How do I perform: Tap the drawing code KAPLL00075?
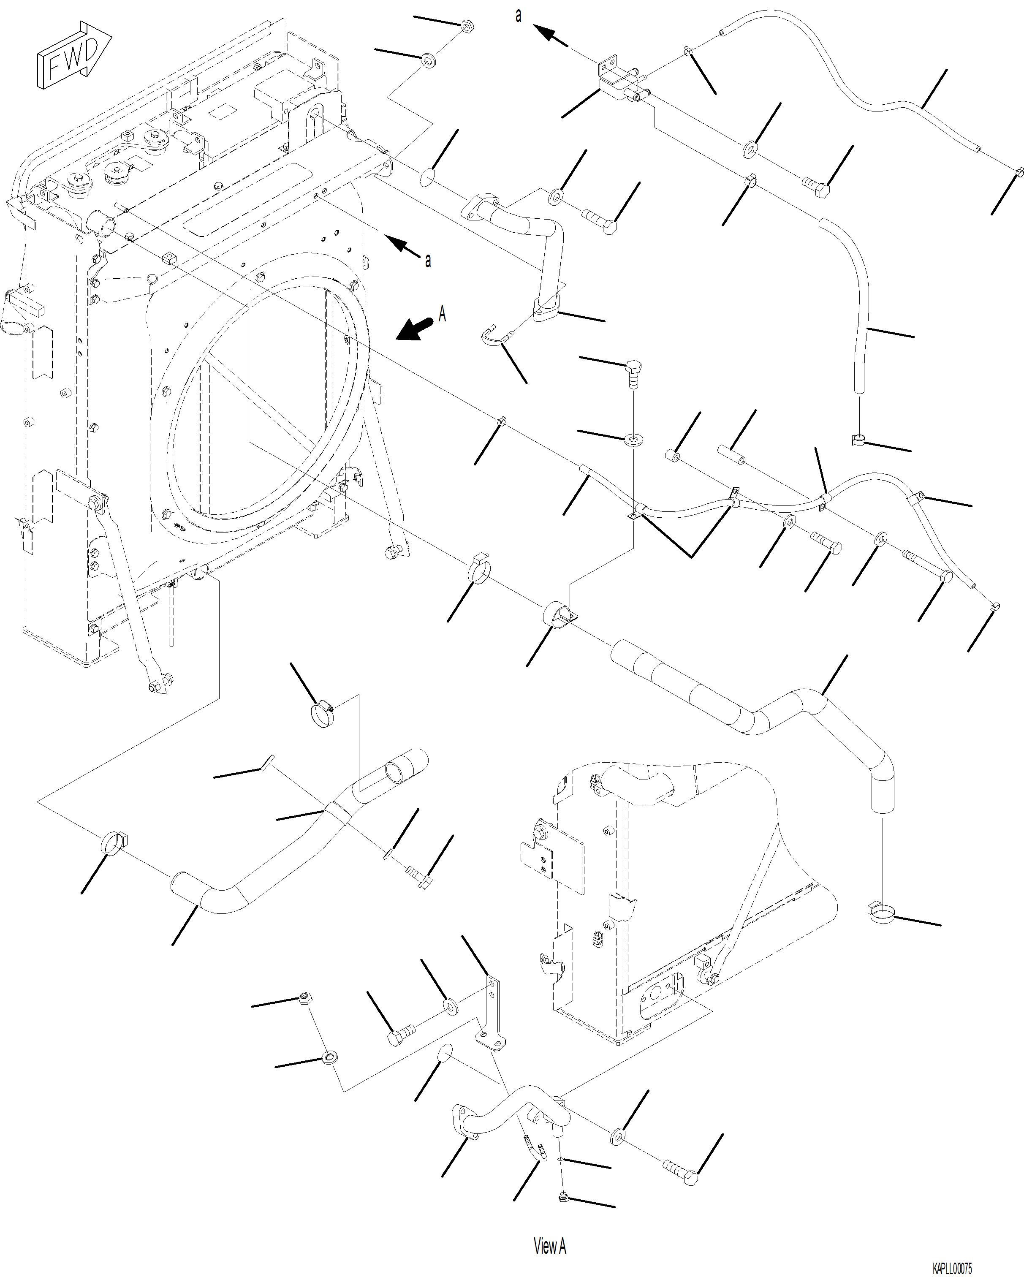952,1268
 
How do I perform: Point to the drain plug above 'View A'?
563,1198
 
